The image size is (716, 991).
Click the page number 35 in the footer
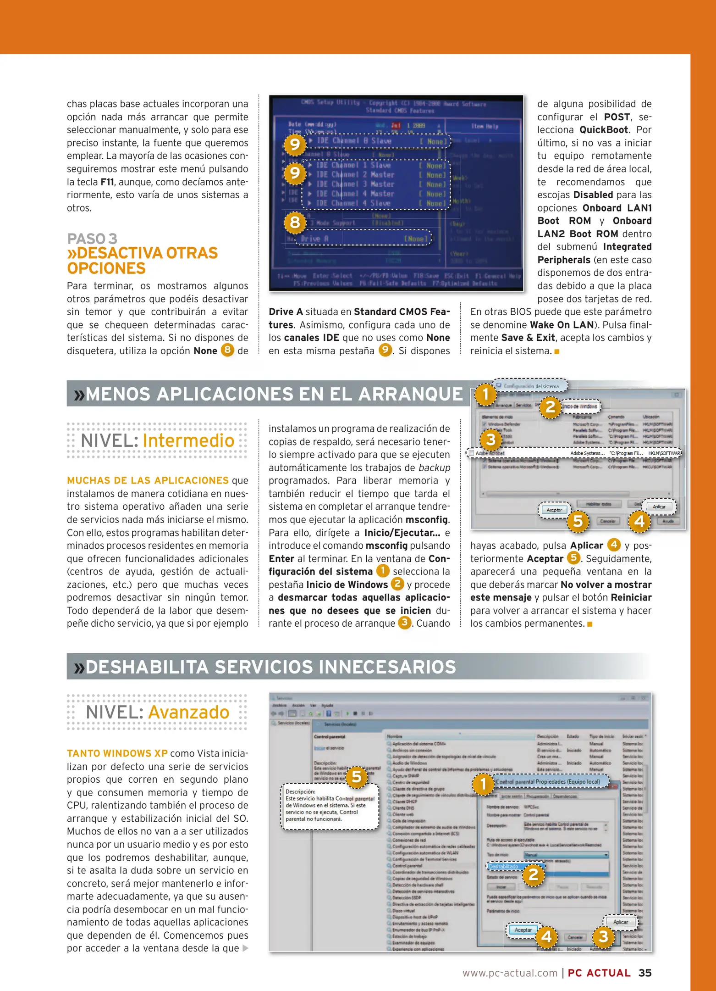point(644,973)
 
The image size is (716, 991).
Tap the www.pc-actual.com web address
point(510,973)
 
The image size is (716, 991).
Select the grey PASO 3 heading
point(92,239)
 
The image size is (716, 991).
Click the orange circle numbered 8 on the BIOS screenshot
point(295,222)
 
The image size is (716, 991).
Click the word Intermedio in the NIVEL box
point(188,440)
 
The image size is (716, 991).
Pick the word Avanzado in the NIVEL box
point(188,713)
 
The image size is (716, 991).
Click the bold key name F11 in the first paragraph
point(107,182)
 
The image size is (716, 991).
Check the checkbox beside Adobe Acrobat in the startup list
point(471,453)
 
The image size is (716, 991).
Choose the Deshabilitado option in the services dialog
point(503,867)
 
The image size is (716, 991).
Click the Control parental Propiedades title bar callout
point(548,782)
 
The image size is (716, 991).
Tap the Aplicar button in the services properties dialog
point(621,922)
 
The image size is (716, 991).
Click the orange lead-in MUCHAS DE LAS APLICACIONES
point(148,480)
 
